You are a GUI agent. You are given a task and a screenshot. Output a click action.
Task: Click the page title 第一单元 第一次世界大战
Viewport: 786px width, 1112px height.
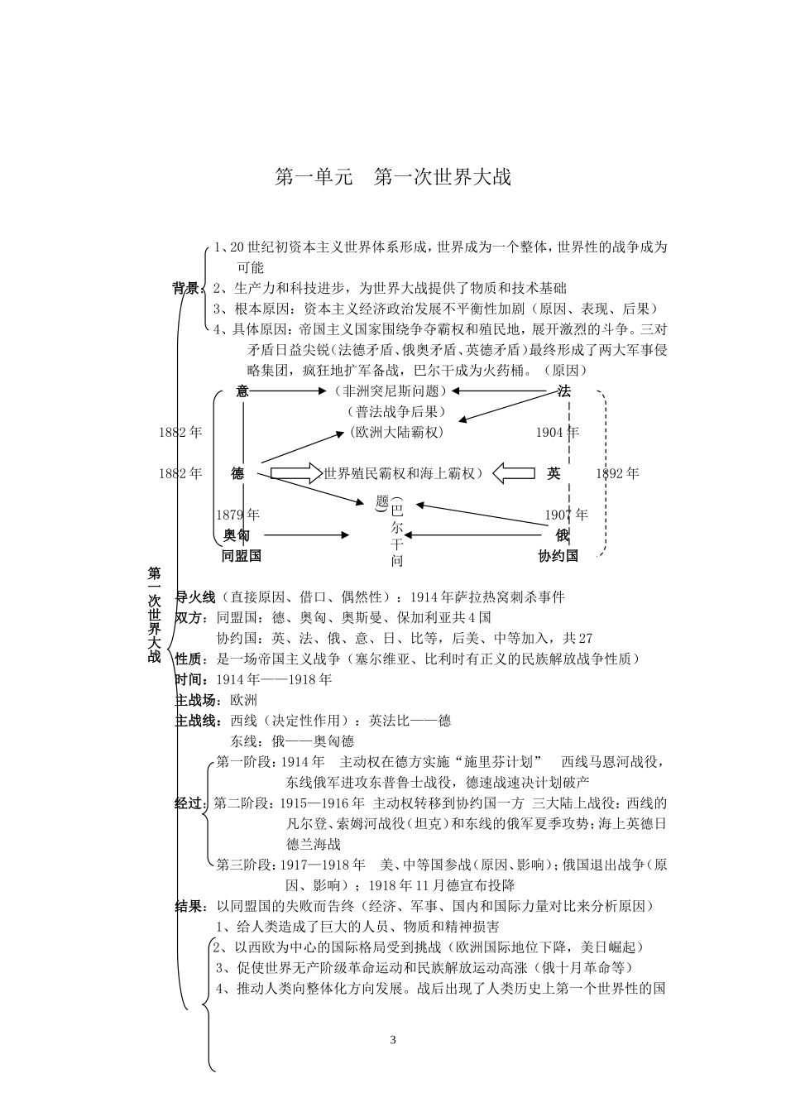(x=393, y=177)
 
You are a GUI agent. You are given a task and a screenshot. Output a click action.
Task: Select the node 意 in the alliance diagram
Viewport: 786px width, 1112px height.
(x=242, y=391)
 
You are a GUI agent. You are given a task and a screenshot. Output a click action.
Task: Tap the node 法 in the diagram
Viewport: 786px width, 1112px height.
(x=564, y=391)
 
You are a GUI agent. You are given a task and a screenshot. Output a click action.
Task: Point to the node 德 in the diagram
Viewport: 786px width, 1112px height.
(x=237, y=473)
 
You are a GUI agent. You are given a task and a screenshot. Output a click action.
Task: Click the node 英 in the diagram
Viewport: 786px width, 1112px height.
(x=554, y=473)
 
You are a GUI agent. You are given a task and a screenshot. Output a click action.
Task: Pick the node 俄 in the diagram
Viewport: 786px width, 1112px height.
(x=563, y=535)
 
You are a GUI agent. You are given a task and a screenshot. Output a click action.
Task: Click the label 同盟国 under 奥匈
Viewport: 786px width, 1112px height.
(x=242, y=556)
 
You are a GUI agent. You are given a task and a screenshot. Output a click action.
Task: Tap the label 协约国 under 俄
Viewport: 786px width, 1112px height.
(x=558, y=556)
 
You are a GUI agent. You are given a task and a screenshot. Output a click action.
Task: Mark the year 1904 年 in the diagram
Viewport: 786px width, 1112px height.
(x=557, y=432)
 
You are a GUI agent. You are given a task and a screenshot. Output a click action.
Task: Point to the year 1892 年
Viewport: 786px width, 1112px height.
(x=617, y=473)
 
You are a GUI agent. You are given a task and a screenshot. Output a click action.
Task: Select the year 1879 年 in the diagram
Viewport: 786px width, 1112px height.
(x=237, y=515)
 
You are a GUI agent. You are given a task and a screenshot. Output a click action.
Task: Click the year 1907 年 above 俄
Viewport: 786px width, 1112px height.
(x=566, y=515)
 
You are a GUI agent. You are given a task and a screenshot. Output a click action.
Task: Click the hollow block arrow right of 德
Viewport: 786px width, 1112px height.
(x=296, y=473)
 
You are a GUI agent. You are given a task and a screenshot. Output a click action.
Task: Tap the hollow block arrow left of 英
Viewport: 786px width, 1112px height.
(x=514, y=473)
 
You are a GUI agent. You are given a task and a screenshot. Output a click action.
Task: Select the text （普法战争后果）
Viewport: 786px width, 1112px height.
(x=396, y=411)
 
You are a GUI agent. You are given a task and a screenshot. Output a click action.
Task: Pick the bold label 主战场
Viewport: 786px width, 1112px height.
(x=197, y=701)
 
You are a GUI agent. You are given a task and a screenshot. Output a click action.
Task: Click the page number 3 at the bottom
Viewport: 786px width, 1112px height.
(x=393, y=1040)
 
